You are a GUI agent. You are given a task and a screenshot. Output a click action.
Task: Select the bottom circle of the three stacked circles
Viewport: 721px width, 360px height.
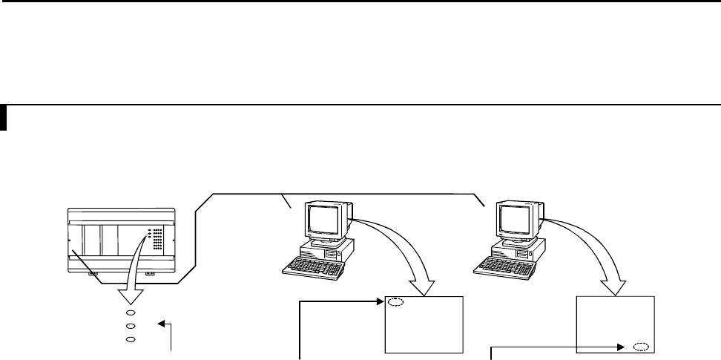click(130, 339)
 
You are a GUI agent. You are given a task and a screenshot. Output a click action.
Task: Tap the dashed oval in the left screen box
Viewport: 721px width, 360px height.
click(395, 302)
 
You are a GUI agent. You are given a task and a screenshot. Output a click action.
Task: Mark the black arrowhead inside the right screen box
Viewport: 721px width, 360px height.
click(622, 346)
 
